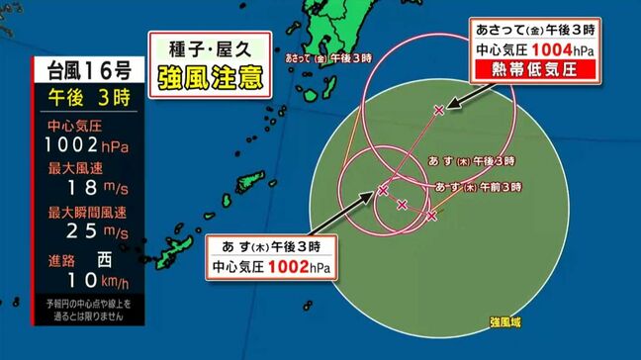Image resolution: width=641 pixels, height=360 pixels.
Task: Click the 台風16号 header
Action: click(x=82, y=71)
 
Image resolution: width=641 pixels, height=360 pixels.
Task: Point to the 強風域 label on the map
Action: click(x=506, y=319)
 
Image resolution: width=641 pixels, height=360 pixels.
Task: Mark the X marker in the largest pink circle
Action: click(x=439, y=110)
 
